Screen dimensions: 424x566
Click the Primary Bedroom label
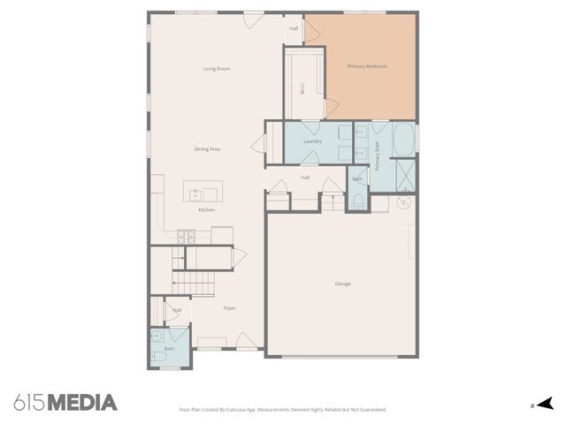click(x=367, y=66)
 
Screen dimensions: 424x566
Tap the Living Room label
click(x=217, y=69)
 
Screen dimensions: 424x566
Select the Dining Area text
click(x=208, y=149)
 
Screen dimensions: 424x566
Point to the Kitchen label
click(x=207, y=210)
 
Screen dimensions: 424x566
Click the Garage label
click(x=342, y=284)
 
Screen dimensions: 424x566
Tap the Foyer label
click(x=229, y=308)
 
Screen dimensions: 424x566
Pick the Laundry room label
click(x=312, y=141)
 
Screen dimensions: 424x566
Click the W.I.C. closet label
click(x=302, y=89)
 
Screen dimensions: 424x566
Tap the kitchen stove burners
click(x=186, y=235)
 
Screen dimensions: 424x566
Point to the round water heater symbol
click(x=402, y=201)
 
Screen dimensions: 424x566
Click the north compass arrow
click(x=546, y=404)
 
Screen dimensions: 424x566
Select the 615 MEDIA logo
click(x=65, y=403)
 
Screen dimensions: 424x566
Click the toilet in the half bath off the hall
click(x=357, y=202)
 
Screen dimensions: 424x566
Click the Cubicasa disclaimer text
click(x=283, y=410)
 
